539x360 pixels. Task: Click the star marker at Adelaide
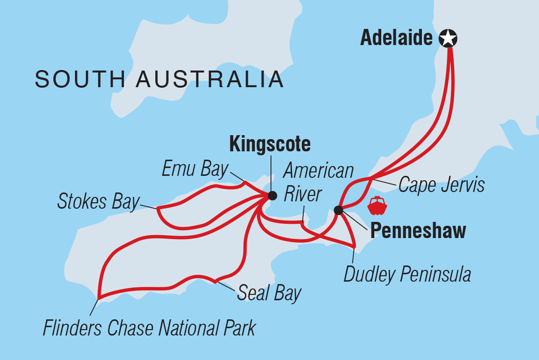coord(447,38)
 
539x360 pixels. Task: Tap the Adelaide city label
coord(396,38)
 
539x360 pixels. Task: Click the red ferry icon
coord(377,206)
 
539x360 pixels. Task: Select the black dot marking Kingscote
coord(272,195)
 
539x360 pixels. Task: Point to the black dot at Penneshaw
coord(338,210)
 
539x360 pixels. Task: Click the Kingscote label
coord(270,144)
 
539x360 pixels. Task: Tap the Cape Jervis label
coord(441,185)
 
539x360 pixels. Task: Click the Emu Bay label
coord(195,169)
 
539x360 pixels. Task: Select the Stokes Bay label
coord(98,202)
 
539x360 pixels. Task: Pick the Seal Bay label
coord(269,293)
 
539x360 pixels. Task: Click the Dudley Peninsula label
coord(407,275)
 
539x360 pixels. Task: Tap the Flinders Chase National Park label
coord(149,328)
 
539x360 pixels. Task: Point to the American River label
coord(318,182)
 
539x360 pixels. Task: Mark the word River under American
coord(303,194)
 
